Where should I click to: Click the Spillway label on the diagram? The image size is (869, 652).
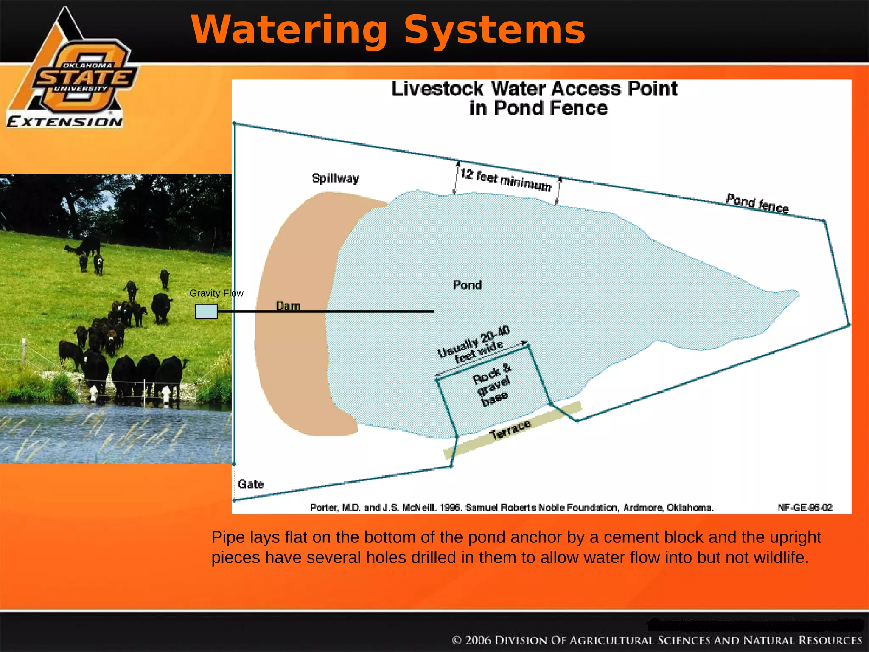[335, 178]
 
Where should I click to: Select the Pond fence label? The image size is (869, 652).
[757, 203]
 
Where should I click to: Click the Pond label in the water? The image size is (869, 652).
[467, 285]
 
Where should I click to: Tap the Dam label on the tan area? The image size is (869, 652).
[288, 305]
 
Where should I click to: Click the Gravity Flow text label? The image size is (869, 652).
[216, 293]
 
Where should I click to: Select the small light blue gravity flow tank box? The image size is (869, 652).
[206, 312]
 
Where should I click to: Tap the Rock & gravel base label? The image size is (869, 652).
[492, 384]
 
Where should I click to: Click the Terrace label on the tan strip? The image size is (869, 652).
[510, 429]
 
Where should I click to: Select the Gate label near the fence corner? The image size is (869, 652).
[250, 484]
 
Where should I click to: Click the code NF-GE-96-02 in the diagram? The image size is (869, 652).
[805, 507]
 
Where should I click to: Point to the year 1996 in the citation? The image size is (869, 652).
[450, 507]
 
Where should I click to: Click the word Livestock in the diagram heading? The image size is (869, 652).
[437, 89]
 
